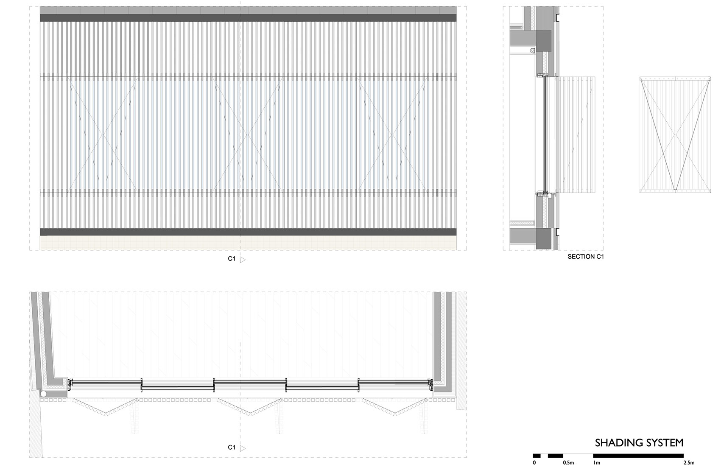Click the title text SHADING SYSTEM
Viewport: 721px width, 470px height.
639,443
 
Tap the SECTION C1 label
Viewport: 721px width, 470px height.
585,257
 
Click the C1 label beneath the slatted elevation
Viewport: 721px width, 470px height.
231,259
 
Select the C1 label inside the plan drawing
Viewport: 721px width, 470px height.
231,448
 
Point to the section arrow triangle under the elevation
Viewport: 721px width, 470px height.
243,260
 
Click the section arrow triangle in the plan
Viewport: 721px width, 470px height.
243,448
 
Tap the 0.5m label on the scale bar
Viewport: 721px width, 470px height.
568,463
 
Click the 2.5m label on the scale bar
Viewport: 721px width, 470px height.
689,463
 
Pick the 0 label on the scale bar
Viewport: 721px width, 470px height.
534,463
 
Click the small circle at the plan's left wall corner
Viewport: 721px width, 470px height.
43,394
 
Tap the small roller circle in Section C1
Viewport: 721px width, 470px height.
531,50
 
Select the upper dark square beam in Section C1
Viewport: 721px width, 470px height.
543,39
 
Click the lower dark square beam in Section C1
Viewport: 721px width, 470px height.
543,239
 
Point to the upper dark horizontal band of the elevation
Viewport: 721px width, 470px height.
248,18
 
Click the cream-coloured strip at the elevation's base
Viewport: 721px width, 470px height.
248,243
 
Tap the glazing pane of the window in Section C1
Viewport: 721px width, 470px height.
544,135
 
